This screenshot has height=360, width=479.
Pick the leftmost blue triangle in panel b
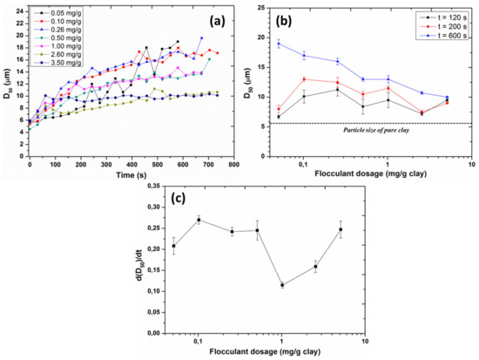(x=279, y=44)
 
